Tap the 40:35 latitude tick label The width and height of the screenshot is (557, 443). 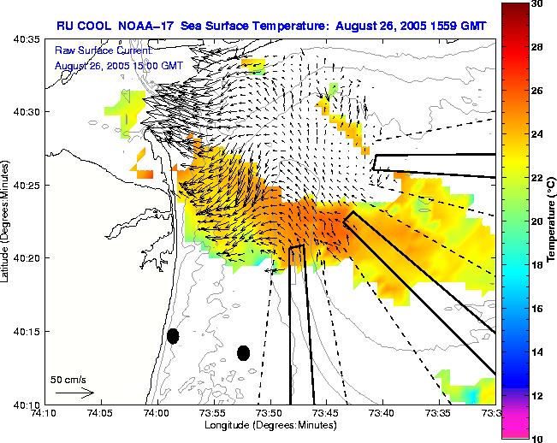(x=24, y=39)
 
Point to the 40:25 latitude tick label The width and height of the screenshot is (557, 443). (x=24, y=185)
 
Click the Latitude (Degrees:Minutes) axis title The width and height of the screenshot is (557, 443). (x=7, y=221)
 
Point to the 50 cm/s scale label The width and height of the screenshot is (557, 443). (x=68, y=378)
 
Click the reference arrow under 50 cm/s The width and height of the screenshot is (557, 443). (x=74, y=393)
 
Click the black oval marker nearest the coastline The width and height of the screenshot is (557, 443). (x=173, y=336)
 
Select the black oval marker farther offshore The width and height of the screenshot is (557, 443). (x=244, y=352)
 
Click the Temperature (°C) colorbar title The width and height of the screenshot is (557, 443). (x=552, y=221)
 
